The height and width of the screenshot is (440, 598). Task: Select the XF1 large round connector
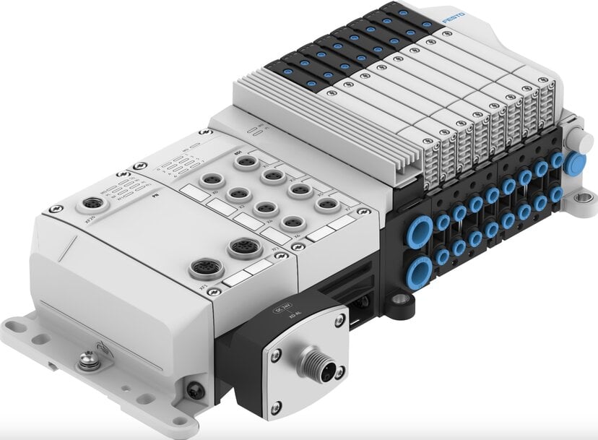tap(201, 269)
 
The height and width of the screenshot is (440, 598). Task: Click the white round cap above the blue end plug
tap(575, 138)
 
